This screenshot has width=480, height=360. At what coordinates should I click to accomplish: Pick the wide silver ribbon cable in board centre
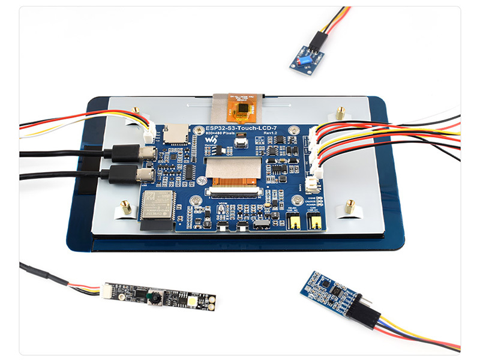(x=235, y=168)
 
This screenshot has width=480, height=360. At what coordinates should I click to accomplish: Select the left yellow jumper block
(x=294, y=223)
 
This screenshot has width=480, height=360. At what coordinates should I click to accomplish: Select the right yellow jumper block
(x=314, y=223)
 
